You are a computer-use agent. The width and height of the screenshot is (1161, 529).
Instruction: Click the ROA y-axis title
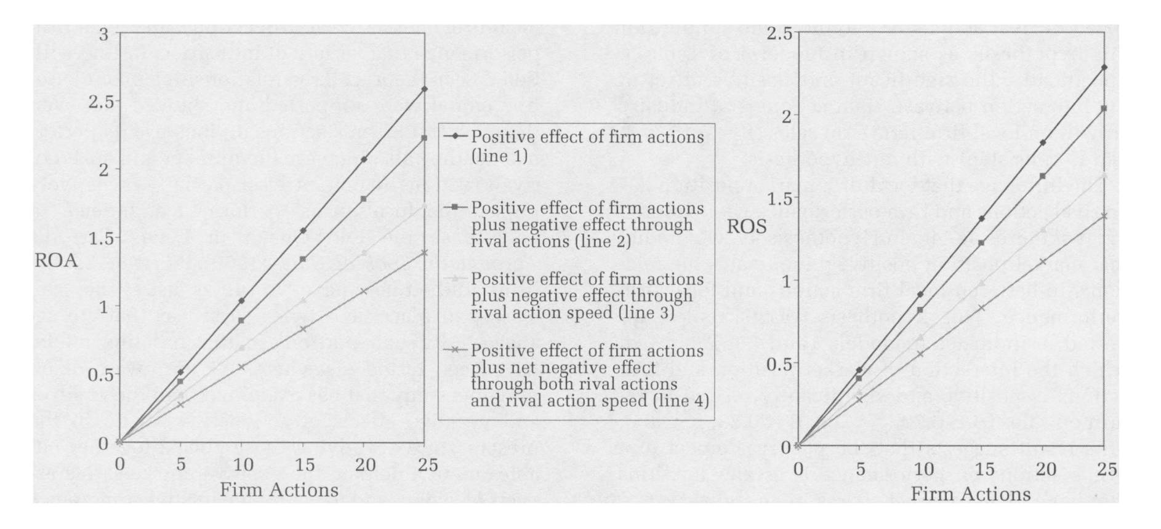click(x=56, y=261)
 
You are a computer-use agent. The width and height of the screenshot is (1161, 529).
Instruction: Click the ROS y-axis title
click(x=747, y=227)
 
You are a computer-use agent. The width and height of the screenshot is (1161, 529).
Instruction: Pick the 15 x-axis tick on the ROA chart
click(x=303, y=465)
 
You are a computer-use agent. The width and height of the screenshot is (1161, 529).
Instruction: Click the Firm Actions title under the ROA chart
click(x=279, y=490)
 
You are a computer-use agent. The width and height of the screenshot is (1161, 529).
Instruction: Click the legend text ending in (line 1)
click(x=587, y=146)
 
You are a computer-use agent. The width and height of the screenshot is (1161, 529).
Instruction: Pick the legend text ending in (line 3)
click(x=587, y=296)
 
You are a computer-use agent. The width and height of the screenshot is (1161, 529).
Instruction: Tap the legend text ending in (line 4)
click(x=590, y=375)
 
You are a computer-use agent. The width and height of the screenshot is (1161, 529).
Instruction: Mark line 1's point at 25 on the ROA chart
click(x=424, y=89)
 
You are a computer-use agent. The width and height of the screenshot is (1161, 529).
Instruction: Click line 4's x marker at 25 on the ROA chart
click(x=424, y=252)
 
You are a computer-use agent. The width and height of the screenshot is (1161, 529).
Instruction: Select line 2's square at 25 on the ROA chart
click(x=424, y=138)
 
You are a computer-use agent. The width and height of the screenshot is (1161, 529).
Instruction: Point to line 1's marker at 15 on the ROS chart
click(x=982, y=218)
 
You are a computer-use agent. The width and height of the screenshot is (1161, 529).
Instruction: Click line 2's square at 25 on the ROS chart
click(x=1104, y=108)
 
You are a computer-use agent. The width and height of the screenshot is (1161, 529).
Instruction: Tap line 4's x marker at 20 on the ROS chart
click(x=1043, y=261)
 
